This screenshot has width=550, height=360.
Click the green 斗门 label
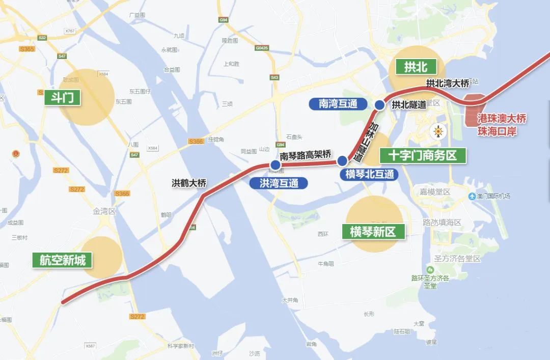coord(63,98)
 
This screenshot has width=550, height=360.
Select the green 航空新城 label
coord(63,260)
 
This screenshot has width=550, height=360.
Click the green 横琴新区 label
coord(373,232)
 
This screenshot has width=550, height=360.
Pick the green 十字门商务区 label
coord(423,155)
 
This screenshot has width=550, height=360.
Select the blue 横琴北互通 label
coord(370,174)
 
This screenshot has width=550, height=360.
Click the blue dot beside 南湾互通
coord(379,105)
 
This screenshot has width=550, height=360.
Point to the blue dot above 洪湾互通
coord(275,164)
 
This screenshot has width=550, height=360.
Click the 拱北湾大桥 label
coord(448,83)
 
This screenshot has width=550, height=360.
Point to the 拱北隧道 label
coord(408,105)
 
